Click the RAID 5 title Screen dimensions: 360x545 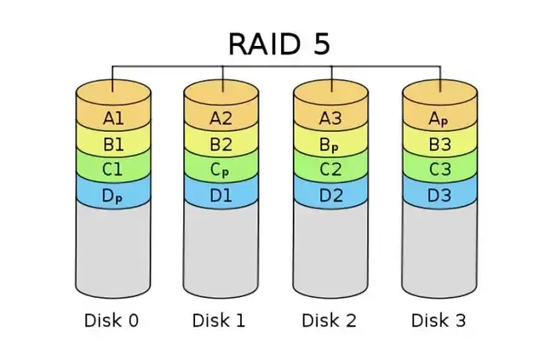(x=278, y=43)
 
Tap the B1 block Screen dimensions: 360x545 (x=113, y=144)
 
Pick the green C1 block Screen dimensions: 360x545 (x=113, y=169)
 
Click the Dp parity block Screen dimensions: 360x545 (x=113, y=195)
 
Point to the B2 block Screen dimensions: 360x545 (x=221, y=144)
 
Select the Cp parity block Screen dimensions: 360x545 (x=221, y=169)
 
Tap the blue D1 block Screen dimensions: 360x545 (x=221, y=195)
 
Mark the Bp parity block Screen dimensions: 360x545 (x=330, y=144)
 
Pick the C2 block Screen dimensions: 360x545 (x=330, y=169)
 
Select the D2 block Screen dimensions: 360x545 (x=330, y=195)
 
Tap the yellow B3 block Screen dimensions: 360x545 (x=439, y=144)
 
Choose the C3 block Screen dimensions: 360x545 (x=439, y=169)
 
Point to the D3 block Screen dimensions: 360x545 (x=439, y=195)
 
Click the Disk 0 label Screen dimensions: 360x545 (x=112, y=321)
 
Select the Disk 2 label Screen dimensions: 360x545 (x=330, y=321)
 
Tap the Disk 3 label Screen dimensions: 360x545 (x=439, y=321)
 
